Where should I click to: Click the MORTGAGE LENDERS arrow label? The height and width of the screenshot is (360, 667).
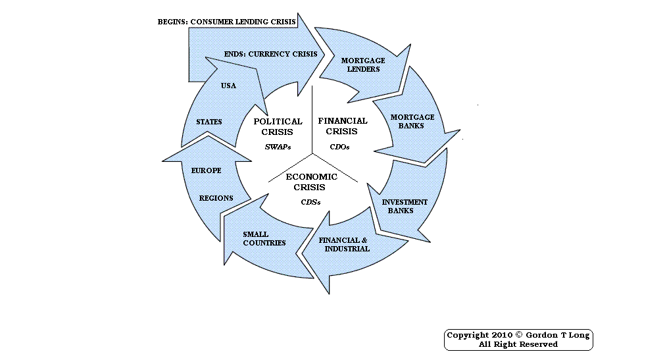click(363, 64)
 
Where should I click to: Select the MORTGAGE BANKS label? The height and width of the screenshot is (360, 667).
click(412, 121)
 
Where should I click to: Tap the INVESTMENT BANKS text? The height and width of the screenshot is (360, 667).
click(405, 206)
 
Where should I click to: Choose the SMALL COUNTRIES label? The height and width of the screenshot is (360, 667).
click(264, 238)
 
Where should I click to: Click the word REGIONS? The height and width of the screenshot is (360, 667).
click(216, 198)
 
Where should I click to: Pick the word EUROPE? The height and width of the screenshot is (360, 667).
click(206, 170)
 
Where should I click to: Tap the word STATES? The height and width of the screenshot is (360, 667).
click(209, 122)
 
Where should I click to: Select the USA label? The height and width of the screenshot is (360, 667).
click(228, 86)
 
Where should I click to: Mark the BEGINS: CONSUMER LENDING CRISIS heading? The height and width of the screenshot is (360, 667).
click(226, 22)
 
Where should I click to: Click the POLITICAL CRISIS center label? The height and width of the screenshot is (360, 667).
click(278, 126)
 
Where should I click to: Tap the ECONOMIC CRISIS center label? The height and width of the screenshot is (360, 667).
click(311, 182)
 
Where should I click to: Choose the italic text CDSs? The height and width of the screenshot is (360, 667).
click(311, 201)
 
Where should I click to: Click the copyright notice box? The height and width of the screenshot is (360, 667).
click(518, 340)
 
